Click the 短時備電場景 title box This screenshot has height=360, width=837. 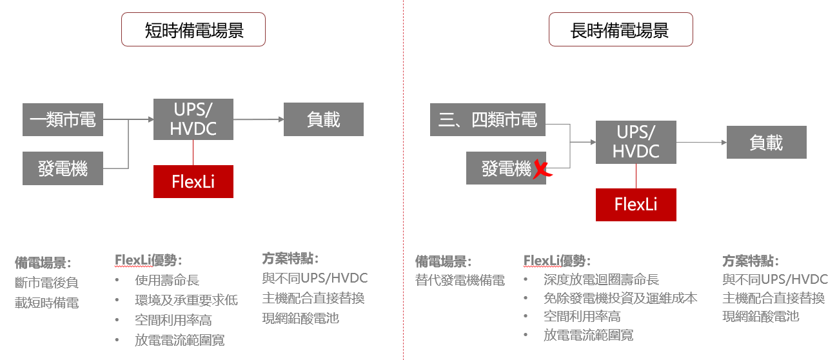click(193, 30)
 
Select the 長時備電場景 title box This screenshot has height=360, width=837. click(620, 30)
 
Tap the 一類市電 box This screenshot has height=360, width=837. click(63, 119)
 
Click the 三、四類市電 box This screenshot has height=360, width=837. click(487, 119)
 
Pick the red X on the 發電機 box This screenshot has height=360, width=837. click(542, 170)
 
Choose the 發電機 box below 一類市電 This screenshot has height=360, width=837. click(63, 169)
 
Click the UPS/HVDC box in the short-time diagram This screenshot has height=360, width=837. click(193, 119)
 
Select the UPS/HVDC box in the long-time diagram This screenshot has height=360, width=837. click(636, 143)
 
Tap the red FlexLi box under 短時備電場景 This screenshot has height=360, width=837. click(193, 181)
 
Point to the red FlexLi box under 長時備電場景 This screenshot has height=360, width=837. click(636, 205)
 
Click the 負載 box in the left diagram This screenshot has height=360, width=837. click(324, 119)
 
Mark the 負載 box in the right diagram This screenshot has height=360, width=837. click(766, 143)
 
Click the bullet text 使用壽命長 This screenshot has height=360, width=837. click(167, 280)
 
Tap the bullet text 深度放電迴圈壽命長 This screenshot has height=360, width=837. click(601, 280)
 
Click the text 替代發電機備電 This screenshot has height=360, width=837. click(460, 280)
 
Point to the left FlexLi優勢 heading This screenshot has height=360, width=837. click(148, 260)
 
